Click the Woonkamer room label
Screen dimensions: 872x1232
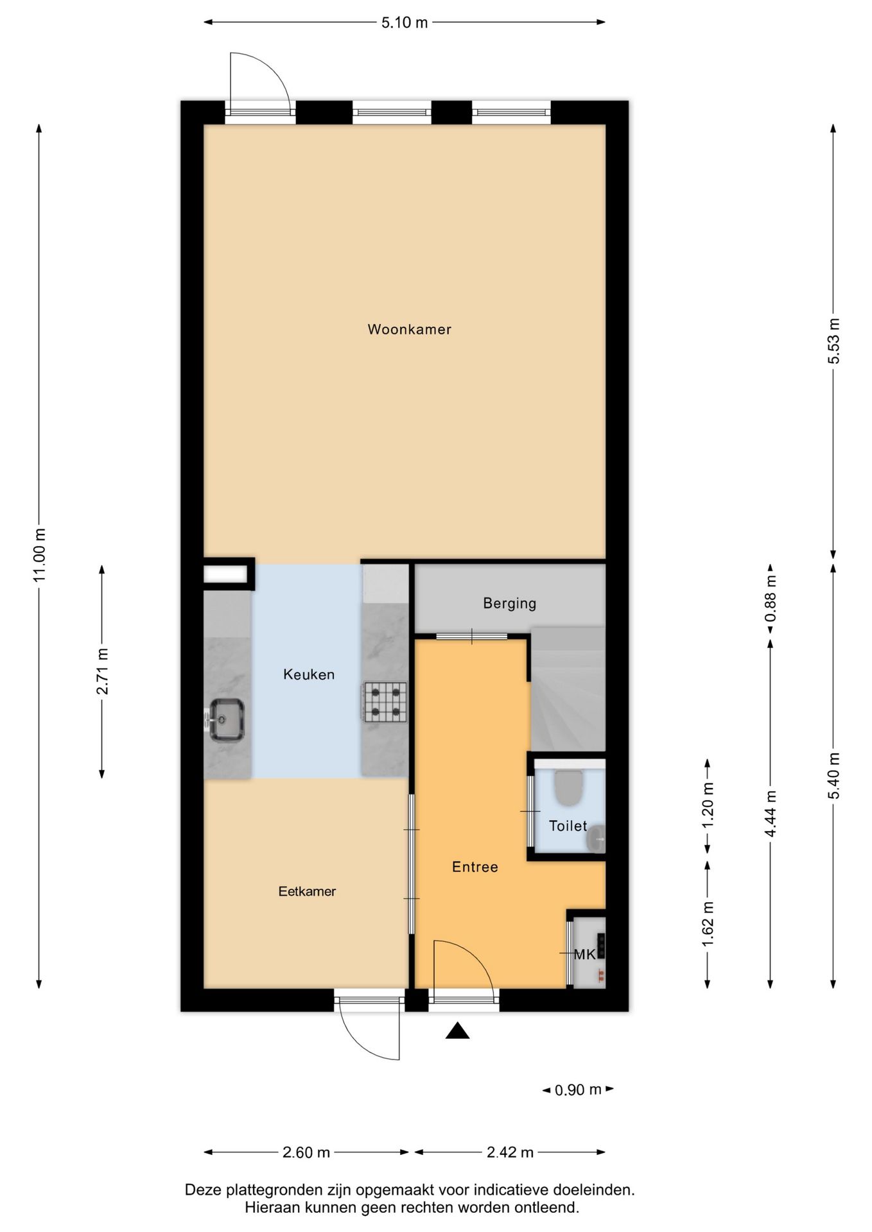click(x=409, y=329)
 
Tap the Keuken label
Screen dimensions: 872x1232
click(x=309, y=674)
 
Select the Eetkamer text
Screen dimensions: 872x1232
click(x=307, y=891)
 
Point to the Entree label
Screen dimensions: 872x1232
click(x=475, y=867)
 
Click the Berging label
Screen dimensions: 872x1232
click(x=510, y=603)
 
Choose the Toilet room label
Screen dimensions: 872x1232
click(x=568, y=826)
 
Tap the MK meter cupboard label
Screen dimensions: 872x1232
click(x=584, y=954)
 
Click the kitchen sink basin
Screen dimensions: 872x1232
click(x=227, y=719)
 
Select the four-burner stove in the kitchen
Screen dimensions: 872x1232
click(x=385, y=701)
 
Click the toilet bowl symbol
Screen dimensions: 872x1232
click(x=568, y=787)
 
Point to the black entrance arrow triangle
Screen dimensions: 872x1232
click(x=457, y=1031)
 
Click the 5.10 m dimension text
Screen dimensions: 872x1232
click(x=405, y=22)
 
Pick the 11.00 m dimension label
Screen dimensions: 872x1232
click(x=40, y=555)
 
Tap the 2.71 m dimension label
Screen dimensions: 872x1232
click(x=102, y=671)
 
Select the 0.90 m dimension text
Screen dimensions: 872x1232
click(x=578, y=1090)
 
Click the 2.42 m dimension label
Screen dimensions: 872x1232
click(x=510, y=1152)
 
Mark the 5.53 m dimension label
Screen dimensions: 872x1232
click(x=833, y=341)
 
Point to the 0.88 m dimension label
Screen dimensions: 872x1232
click(x=771, y=599)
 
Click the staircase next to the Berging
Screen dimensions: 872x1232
click(x=568, y=689)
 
